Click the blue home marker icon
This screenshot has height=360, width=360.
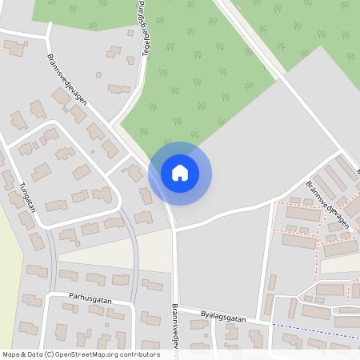pyautogui.click(x=180, y=173)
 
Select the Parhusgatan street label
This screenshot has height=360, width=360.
pyautogui.click(x=90, y=301)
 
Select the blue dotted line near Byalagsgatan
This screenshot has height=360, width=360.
pyautogui.click(x=312, y=329)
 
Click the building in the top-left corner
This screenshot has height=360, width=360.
pyautogui.click(x=15, y=48)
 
